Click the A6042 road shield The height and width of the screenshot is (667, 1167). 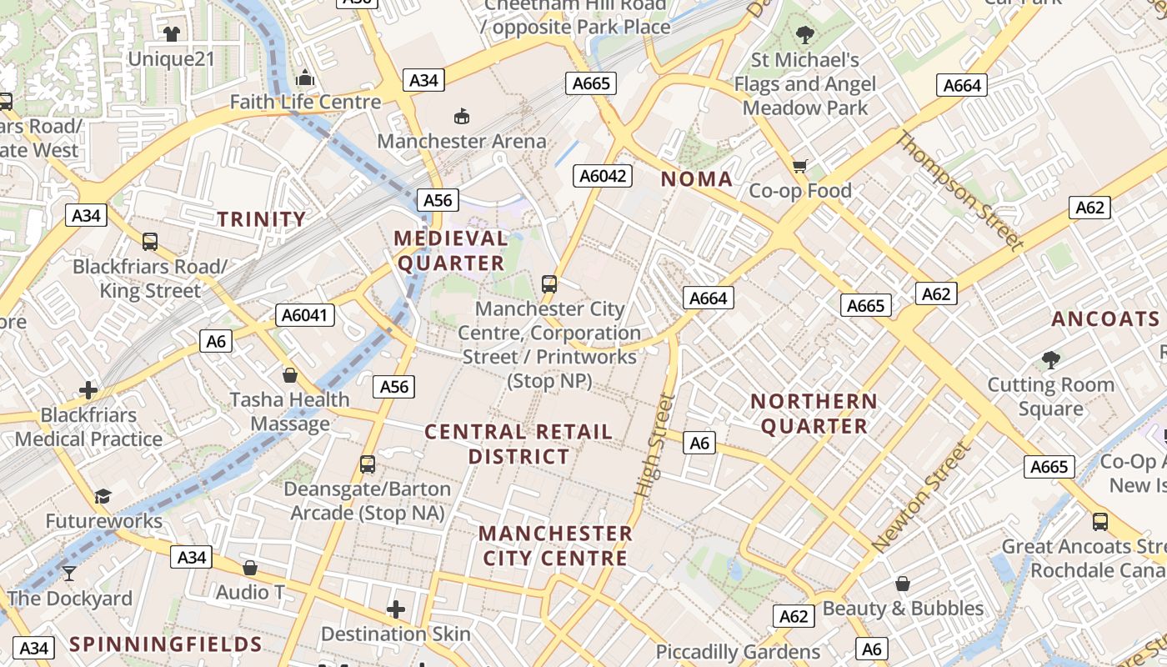click(x=604, y=176)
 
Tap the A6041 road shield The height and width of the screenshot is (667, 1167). click(x=305, y=315)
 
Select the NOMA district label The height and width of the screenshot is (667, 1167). click(x=697, y=179)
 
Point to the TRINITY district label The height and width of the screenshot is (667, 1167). click(x=262, y=219)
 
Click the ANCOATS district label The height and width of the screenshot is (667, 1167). click(x=1105, y=319)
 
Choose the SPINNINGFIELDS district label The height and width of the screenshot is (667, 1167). click(x=166, y=644)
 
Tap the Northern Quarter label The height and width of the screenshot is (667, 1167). click(x=814, y=414)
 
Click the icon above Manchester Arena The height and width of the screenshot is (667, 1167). click(x=461, y=116)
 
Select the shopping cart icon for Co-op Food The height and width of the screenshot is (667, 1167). click(x=800, y=166)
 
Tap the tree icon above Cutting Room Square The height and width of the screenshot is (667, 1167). click(x=1050, y=360)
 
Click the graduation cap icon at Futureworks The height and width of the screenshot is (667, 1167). click(x=103, y=497)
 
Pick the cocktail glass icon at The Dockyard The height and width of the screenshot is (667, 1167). click(x=69, y=574)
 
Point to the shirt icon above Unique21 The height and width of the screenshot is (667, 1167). click(x=172, y=34)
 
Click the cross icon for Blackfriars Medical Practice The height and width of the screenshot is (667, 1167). click(x=88, y=390)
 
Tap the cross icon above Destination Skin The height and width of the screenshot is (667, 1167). click(x=396, y=610)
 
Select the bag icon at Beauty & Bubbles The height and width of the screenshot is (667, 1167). click(x=902, y=584)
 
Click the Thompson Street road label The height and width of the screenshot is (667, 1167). click(x=959, y=191)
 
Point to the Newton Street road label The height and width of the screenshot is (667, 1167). click(x=921, y=497)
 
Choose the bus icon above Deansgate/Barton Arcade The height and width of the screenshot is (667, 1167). click(x=368, y=464)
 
